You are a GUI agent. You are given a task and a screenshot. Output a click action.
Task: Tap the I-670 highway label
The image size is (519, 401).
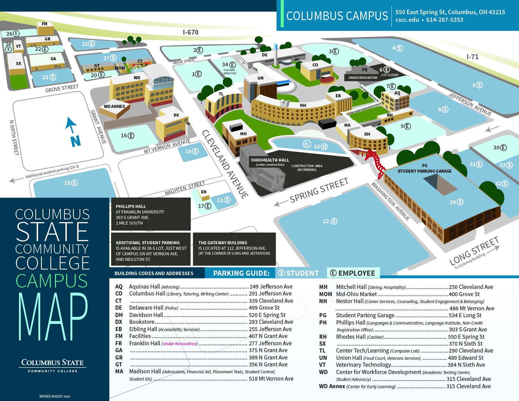pos(191,32)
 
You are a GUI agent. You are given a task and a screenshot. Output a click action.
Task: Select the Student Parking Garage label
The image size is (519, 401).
pos(425,171)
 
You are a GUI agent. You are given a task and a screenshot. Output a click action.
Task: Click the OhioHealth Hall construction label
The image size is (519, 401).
pos(270,160)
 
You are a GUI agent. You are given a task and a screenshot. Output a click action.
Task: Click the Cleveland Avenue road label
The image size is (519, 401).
pos(225,164)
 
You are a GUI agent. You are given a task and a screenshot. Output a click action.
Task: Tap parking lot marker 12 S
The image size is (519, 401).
pos(330,221)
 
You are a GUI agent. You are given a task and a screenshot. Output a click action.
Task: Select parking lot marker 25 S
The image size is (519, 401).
pos(71,183)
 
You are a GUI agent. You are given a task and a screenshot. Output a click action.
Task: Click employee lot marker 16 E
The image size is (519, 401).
pos(127,136)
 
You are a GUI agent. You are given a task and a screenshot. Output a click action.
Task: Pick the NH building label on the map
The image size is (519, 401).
pos(303,106)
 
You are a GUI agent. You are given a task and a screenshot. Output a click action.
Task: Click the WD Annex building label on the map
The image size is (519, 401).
pos(115,106)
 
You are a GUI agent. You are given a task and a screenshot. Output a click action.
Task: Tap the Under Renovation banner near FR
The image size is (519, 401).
pos(363,78)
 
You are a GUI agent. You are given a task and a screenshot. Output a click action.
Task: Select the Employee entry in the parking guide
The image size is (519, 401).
pos(353,273)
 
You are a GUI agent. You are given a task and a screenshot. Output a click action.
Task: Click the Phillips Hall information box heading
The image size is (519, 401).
pos(131,206)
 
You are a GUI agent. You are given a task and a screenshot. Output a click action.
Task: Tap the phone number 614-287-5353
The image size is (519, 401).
pos(445,20)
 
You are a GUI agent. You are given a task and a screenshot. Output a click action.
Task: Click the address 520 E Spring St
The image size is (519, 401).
pos(267,315)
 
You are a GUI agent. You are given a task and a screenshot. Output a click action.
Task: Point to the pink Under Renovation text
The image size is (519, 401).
pos(180,344)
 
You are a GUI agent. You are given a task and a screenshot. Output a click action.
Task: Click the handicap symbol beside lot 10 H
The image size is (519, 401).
pos(307,144)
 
